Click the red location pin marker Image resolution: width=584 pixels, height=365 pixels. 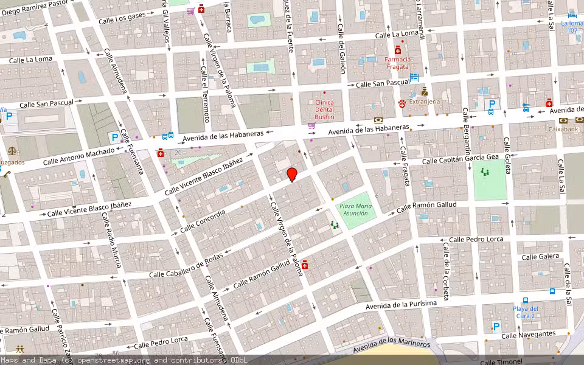(292, 175)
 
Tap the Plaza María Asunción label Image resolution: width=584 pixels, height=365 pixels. (355, 210)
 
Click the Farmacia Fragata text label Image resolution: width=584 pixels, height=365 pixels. (397, 63)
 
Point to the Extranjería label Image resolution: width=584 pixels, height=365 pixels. (423, 102)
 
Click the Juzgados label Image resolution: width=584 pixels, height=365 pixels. (12, 162)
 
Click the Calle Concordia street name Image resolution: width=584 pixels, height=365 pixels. (203, 221)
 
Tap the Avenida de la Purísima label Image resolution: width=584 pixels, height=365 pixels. (401, 305)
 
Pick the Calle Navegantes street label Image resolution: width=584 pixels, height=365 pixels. (528, 335)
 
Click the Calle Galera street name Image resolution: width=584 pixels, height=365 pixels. (540, 257)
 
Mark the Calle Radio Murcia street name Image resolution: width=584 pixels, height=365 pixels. (112, 240)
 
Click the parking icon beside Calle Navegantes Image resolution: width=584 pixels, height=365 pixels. (496, 326)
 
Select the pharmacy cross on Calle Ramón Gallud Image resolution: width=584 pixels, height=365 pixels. (304, 265)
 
